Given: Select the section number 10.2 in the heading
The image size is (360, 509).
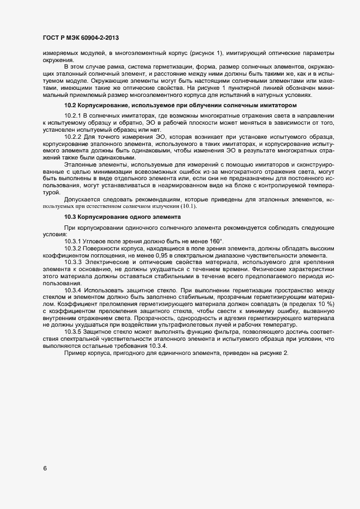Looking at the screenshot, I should coord(71,104).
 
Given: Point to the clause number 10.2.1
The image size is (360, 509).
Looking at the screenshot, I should coord(73,116).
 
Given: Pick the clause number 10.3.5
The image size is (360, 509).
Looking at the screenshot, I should coord(73,332).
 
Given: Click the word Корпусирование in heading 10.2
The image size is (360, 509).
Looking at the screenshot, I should coord(106,104).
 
